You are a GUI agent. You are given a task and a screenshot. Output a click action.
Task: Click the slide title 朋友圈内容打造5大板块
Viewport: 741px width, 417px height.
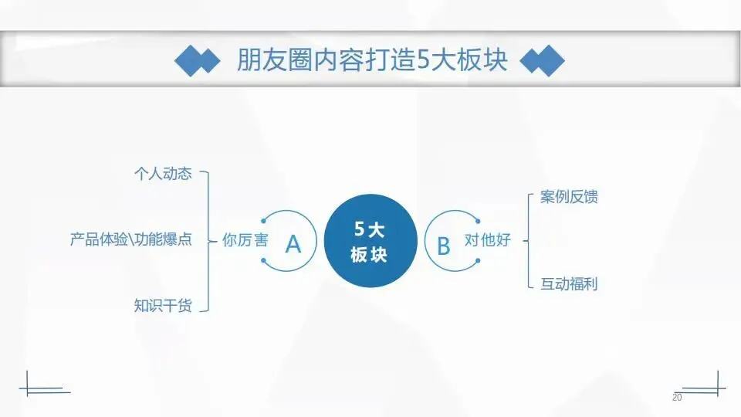tap(371, 60)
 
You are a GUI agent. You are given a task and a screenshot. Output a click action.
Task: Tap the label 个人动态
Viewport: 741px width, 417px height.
tap(162, 174)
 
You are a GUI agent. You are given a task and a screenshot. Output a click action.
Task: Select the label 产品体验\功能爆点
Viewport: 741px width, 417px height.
tap(130, 239)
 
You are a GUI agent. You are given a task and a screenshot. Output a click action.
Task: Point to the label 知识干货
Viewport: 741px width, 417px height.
tap(162, 305)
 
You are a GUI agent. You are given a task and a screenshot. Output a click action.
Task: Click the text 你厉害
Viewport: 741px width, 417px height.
tap(245, 240)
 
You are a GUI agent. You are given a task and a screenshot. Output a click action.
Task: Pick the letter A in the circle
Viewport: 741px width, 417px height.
tap(293, 244)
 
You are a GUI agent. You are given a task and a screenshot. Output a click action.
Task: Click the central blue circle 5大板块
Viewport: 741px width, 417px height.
tap(367, 240)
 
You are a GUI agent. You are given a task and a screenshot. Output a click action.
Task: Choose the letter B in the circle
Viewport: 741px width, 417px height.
tap(444, 245)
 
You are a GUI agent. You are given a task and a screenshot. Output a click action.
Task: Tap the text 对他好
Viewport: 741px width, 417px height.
tap(487, 240)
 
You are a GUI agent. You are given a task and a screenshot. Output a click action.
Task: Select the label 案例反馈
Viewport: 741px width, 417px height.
tap(569, 197)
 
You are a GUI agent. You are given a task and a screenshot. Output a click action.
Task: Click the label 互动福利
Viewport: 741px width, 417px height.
tap(569, 283)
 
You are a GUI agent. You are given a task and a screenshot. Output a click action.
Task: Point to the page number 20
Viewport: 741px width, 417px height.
tap(677, 397)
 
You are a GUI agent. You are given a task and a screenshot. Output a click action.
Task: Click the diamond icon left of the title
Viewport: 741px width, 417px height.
tap(197, 61)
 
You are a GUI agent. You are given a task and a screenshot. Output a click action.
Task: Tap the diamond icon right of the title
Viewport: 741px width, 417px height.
tap(542, 61)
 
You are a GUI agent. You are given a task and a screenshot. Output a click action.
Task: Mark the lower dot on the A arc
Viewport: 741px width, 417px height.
tap(264, 260)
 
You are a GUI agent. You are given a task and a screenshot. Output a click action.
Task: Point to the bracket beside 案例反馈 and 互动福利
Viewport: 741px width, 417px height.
tap(529, 241)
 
